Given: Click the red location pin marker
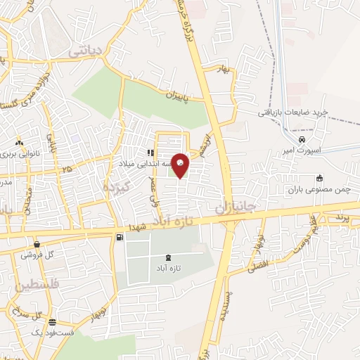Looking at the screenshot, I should pos(181,165).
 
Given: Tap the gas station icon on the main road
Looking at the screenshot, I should pos(119,238).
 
